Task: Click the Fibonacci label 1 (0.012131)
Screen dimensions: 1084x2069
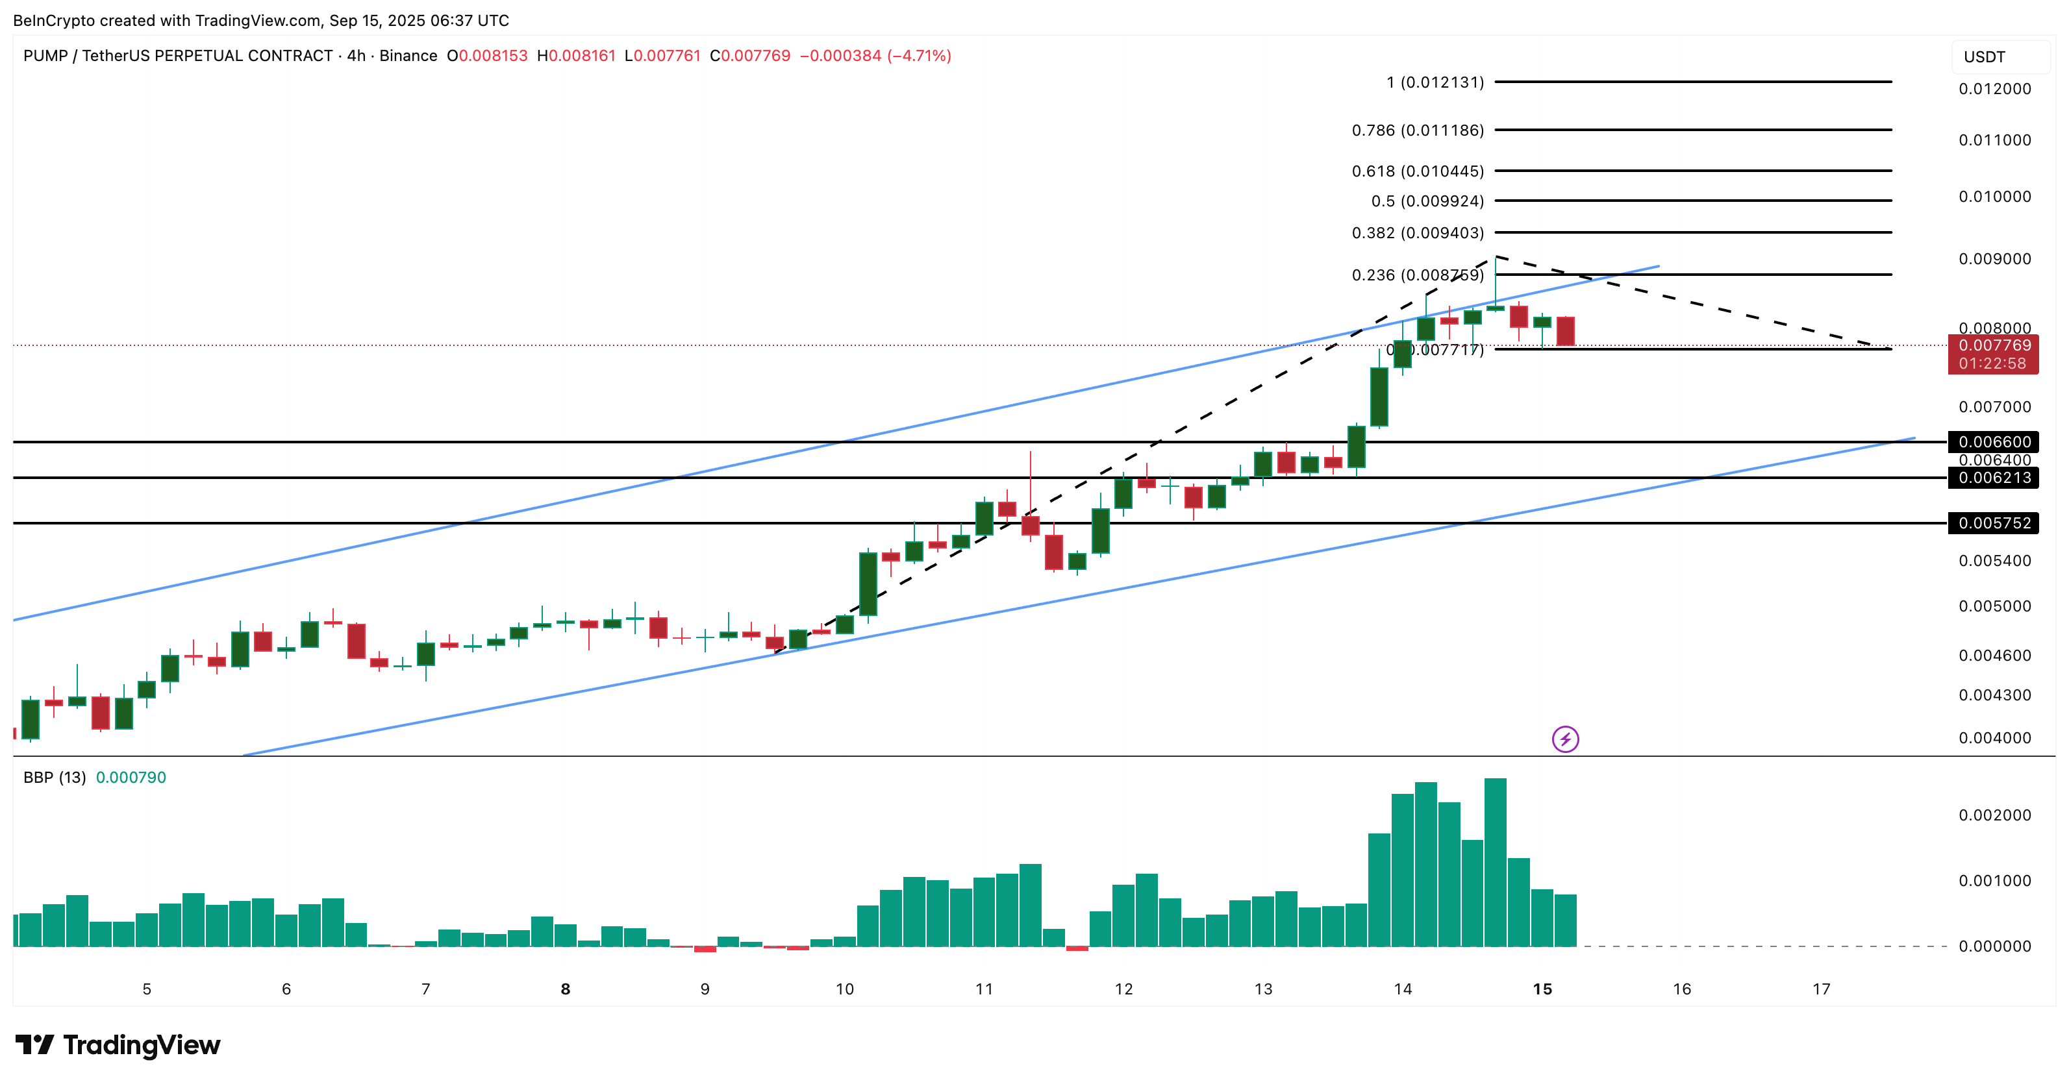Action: (1435, 82)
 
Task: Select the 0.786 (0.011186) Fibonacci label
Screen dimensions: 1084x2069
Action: (1418, 130)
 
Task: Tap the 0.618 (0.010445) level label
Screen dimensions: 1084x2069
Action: (1418, 171)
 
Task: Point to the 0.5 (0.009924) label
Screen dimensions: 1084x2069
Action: (1427, 201)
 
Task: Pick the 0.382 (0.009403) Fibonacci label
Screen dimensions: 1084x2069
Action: (1418, 233)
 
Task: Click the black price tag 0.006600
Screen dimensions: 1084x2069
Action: (1994, 441)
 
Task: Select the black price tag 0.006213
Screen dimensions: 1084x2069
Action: (1994, 478)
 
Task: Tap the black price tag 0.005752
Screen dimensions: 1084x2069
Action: (1994, 523)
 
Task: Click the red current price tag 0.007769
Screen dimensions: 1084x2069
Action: (1994, 346)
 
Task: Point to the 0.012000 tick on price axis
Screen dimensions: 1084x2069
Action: (1994, 89)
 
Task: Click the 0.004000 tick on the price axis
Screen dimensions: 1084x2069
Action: (1994, 738)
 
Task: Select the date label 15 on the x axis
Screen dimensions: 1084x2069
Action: (1542, 989)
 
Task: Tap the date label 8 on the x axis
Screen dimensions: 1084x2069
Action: (566, 989)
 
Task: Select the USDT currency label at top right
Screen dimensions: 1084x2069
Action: (1984, 57)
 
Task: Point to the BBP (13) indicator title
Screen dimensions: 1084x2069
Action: (54, 777)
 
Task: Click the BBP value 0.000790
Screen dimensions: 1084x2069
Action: (131, 777)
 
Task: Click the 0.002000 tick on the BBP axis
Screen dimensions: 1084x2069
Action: (1994, 815)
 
